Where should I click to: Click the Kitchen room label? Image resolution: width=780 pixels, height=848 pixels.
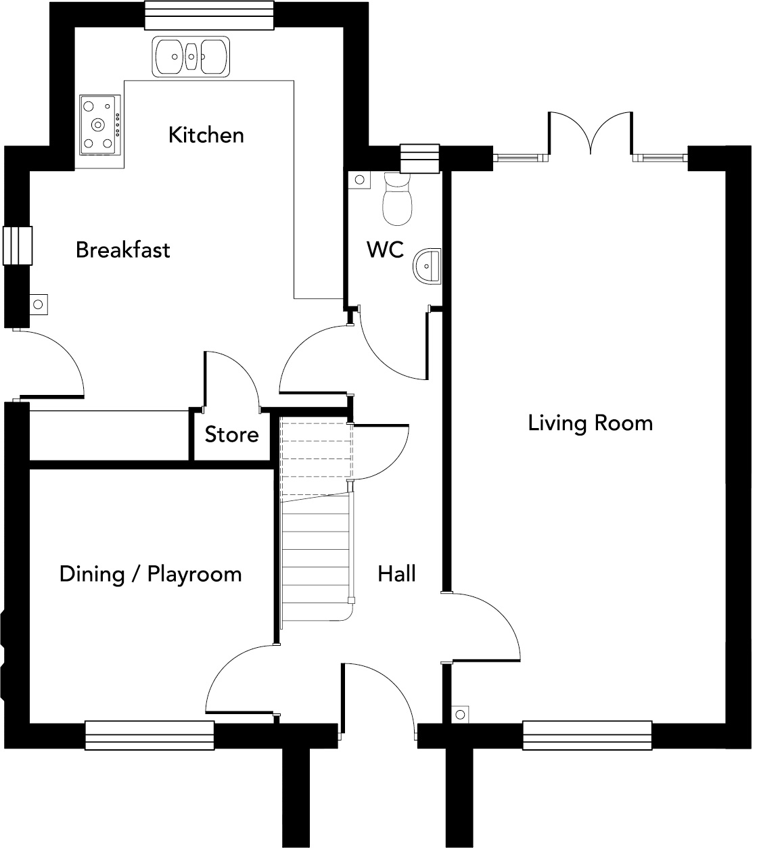[206, 135]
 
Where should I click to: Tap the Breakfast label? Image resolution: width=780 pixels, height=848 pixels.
[122, 250]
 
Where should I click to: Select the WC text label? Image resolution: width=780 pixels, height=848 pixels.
[385, 250]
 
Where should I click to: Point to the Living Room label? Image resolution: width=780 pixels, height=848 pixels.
[590, 423]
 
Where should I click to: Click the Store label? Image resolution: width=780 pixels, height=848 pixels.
[231, 435]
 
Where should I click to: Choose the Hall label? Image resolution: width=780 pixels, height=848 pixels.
[396, 574]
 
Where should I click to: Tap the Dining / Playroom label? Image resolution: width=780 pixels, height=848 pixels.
[150, 574]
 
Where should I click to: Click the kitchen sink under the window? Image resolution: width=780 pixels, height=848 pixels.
[192, 55]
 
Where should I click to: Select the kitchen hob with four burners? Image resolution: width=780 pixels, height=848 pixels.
[99, 124]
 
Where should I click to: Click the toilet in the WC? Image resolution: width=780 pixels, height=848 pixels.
[396, 199]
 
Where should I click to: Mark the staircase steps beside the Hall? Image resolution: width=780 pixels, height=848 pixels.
[317, 548]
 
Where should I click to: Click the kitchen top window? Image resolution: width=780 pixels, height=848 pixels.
[209, 15]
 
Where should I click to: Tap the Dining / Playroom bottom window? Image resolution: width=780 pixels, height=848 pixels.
[150, 735]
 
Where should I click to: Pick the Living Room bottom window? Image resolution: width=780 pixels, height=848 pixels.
[587, 735]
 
